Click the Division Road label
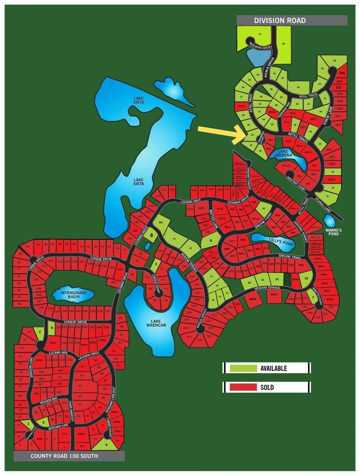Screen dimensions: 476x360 280,21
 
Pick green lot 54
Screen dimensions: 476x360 161,222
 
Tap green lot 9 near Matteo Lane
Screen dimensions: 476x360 210,242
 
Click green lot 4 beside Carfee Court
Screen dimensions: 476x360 106,444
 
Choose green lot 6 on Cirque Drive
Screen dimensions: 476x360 52,328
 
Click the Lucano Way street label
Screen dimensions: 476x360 58,352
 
